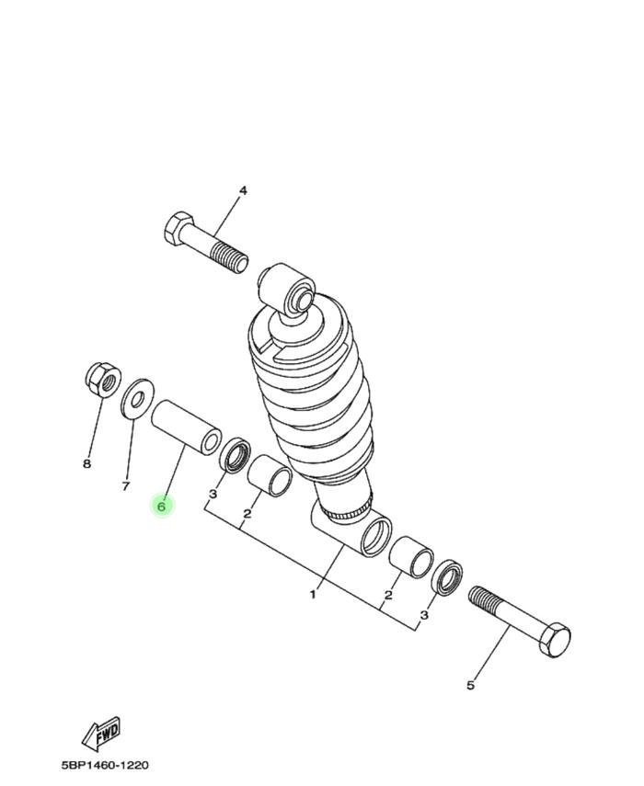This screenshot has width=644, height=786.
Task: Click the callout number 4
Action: (243, 190)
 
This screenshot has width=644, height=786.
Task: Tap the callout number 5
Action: (470, 685)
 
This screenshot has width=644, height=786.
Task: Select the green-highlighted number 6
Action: (162, 507)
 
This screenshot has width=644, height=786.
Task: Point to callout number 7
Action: (126, 485)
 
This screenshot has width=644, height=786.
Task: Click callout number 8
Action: (87, 463)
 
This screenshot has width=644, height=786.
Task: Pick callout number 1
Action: (313, 595)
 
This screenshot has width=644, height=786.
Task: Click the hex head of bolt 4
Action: (178, 229)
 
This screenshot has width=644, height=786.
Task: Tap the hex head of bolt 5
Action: (554, 640)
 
